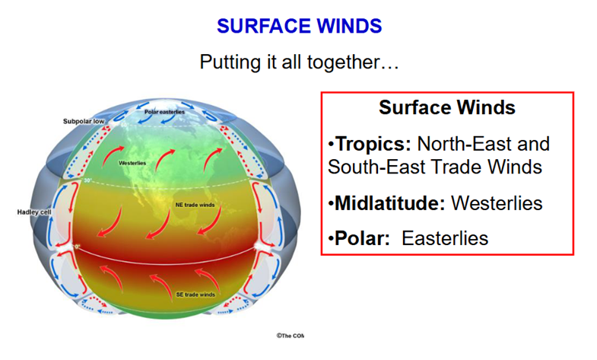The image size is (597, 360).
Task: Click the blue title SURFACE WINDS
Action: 300,26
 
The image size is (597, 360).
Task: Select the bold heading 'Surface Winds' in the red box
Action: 447,107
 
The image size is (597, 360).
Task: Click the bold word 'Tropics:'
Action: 370,145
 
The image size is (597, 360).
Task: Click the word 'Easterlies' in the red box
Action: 445,238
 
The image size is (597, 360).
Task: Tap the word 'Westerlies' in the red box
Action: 497,203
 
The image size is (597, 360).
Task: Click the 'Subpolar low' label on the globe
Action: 84,121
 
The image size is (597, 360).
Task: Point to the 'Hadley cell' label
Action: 34,212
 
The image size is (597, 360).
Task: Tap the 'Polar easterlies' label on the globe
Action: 164,112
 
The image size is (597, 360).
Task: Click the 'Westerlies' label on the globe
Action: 132,163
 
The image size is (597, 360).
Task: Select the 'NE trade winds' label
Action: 195,205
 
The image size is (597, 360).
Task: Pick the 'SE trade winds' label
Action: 195,295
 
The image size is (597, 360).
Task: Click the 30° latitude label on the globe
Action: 88,180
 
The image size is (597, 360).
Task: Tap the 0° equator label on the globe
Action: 78,247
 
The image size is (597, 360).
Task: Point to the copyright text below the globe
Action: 290,336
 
